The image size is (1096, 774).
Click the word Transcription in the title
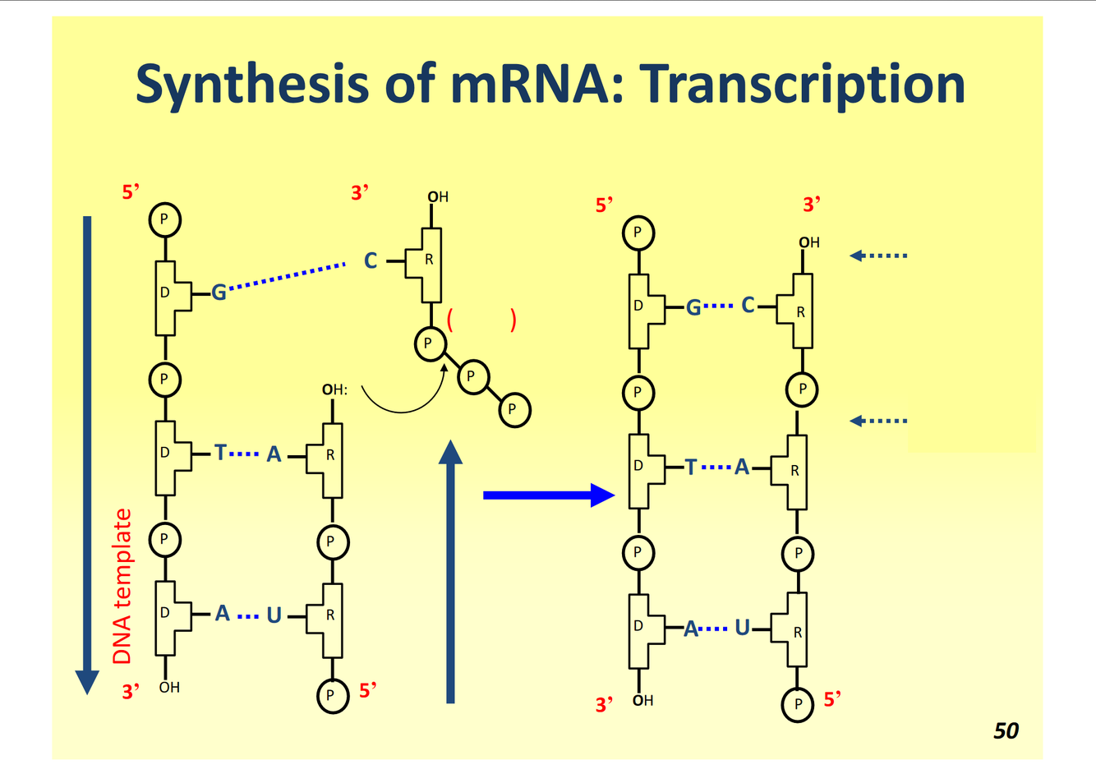tap(803, 85)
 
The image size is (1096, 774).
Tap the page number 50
tap(1006, 730)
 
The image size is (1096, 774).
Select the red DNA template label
tap(122, 586)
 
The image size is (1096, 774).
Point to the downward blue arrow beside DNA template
tap(87, 452)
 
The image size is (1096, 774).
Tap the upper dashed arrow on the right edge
tap(878, 256)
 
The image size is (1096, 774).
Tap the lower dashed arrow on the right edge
tap(878, 421)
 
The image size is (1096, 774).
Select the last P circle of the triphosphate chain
tap(513, 409)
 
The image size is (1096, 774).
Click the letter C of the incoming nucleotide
tap(371, 261)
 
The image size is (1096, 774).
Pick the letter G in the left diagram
tap(219, 292)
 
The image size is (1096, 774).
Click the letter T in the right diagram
tap(690, 468)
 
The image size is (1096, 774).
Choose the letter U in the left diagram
tap(274, 615)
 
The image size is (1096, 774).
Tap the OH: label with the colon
tap(334, 389)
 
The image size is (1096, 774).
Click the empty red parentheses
tap(481, 320)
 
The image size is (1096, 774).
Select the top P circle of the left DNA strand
tap(164, 219)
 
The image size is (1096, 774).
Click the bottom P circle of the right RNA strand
tap(797, 704)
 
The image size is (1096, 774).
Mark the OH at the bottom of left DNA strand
tap(169, 687)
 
